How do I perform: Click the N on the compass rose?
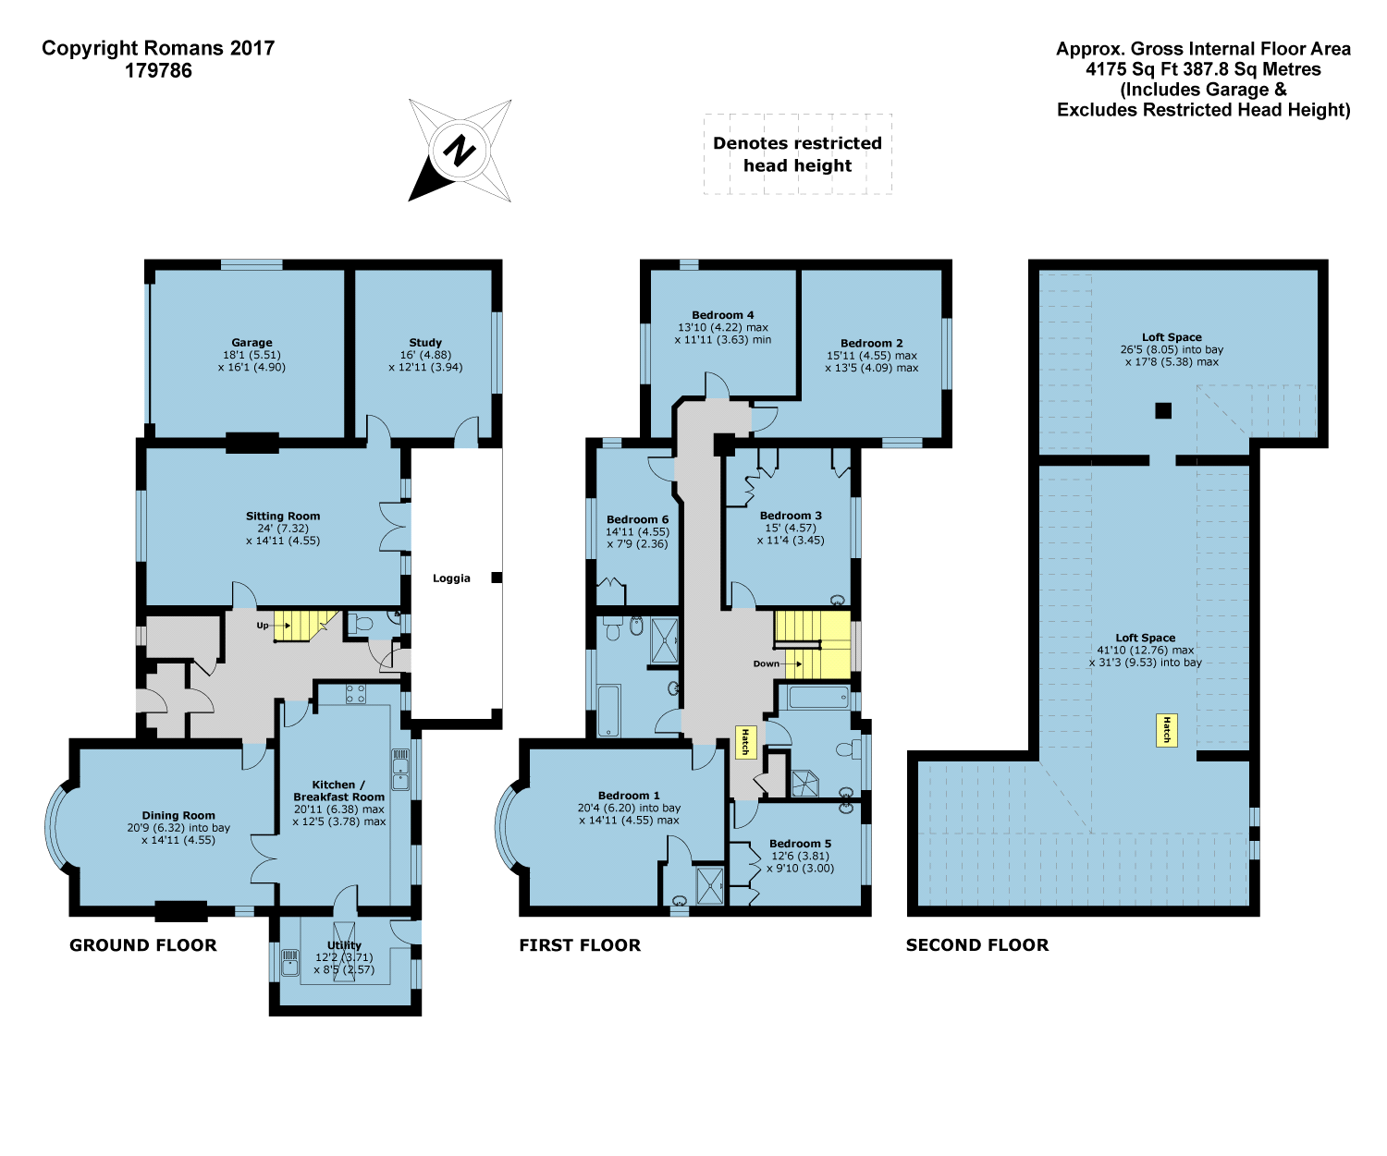[459, 151]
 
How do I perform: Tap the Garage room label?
[252, 343]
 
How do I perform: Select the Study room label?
[425, 343]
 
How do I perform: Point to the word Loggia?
[452, 578]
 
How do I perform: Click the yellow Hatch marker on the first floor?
[744, 741]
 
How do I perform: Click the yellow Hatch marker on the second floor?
[1166, 730]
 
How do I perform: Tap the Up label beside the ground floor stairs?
[263, 626]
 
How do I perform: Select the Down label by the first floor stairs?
[766, 663]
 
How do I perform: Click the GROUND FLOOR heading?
[143, 945]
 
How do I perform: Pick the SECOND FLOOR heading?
[977, 945]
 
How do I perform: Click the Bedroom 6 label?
[637, 519]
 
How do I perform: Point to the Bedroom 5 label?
[801, 844]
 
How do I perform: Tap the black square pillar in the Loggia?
[497, 578]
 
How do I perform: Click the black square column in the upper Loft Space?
[1163, 410]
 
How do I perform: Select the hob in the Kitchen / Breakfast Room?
[355, 694]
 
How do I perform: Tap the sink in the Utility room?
[289, 963]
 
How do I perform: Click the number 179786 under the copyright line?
[158, 71]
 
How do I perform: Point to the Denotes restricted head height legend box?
[798, 154]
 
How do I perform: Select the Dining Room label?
[178, 815]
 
